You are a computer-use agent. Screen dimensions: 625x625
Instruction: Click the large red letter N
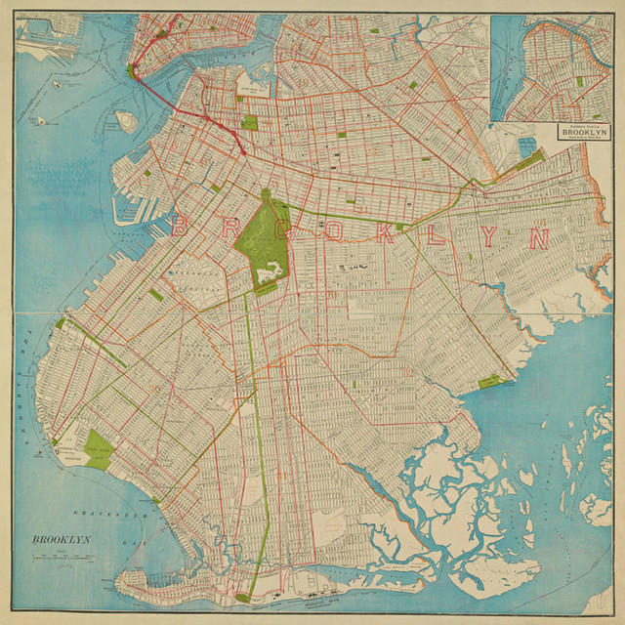(538, 236)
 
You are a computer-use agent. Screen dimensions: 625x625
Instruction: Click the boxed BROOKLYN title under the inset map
(584, 132)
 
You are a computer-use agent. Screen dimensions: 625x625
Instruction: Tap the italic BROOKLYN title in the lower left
(61, 540)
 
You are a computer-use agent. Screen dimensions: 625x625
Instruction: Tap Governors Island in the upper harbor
(124, 121)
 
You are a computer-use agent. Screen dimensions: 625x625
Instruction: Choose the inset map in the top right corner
(554, 66)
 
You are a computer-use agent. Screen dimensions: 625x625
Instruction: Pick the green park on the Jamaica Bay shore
(491, 381)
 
